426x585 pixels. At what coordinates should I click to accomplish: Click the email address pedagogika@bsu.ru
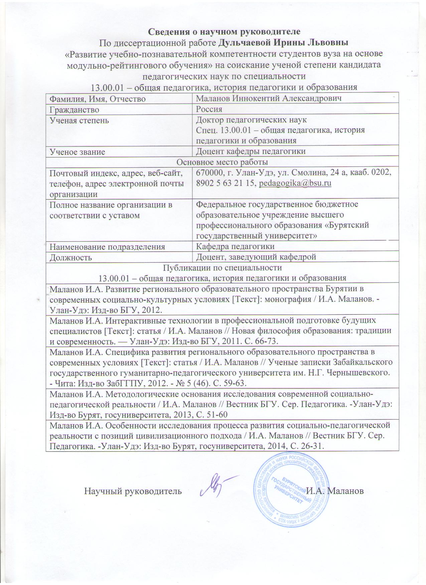(295, 184)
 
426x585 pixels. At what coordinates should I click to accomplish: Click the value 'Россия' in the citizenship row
(209, 109)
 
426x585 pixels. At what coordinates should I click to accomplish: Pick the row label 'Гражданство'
(74, 109)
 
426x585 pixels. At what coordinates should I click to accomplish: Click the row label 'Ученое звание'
(77, 151)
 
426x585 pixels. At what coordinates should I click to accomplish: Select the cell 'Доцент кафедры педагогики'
(251, 151)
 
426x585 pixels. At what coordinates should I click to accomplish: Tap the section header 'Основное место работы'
(222, 162)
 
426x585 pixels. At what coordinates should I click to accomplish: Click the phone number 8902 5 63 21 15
(226, 184)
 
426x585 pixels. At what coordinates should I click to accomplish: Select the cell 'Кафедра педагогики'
(235, 246)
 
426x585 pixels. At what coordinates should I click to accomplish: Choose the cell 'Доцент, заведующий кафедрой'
(256, 257)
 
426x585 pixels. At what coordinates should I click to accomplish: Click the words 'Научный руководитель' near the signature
(133, 491)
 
